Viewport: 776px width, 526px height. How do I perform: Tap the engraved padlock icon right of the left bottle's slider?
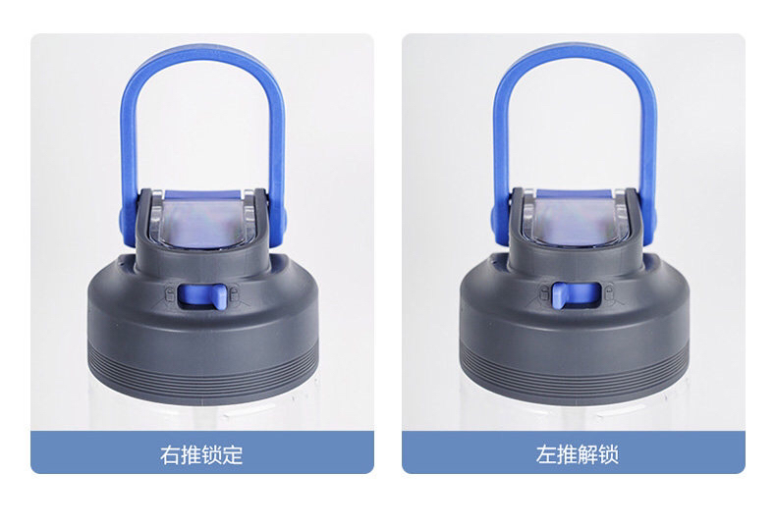coord(234,294)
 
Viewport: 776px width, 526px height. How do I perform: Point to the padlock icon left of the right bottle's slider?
coord(545,294)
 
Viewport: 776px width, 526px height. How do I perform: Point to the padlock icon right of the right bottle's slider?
coord(608,292)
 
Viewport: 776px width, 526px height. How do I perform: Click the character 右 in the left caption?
coord(170,454)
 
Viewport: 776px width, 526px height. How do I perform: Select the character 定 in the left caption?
coord(233,454)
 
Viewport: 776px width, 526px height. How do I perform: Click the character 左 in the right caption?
coord(546,454)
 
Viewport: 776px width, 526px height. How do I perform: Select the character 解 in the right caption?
coord(587,454)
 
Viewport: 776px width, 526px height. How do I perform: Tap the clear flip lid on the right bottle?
coord(576,218)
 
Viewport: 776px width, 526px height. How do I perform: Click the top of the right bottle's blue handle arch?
coord(575,48)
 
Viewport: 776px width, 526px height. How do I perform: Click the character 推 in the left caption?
coord(191,454)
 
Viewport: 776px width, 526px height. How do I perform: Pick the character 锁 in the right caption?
coord(608,454)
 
